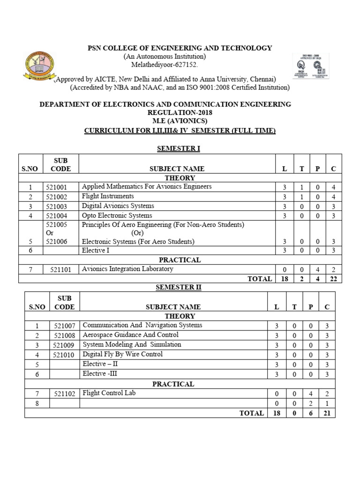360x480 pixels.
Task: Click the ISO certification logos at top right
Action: coord(310,66)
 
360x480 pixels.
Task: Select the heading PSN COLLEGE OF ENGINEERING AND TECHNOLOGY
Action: coord(180,48)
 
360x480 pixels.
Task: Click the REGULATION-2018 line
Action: coord(180,113)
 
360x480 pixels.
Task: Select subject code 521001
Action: coord(57,187)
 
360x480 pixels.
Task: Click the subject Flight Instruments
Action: coord(108,196)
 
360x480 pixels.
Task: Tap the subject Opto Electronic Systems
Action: coord(117,216)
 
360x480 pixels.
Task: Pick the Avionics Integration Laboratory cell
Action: coord(127,269)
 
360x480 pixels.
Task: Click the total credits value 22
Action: coord(333,279)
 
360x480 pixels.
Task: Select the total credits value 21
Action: coord(327,413)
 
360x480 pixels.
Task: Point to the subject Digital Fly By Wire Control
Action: coord(123,354)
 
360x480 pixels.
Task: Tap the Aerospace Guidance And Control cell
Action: coord(130,335)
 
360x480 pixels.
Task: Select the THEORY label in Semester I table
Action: coord(180,178)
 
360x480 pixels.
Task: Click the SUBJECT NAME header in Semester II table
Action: coord(173,307)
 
